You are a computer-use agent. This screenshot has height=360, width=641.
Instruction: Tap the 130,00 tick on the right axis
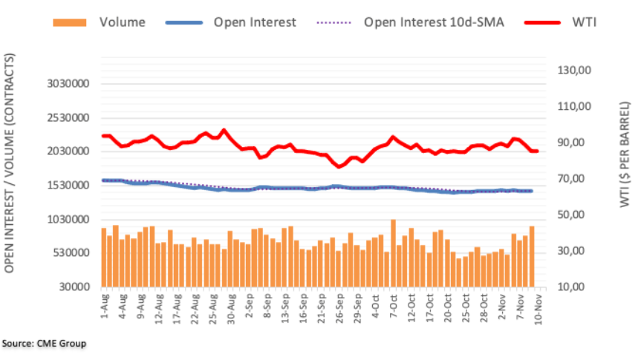click(573, 71)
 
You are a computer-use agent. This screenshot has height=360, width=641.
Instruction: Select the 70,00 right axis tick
click(573, 179)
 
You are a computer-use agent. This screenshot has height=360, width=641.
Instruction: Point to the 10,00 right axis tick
click(573, 287)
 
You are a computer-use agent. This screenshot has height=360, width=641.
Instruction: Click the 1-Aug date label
click(104, 304)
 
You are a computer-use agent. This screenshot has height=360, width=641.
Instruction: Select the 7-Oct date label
click(394, 304)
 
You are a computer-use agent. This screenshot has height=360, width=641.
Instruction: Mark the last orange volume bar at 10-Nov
click(532, 257)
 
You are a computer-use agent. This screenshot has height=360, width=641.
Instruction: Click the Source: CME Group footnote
click(44, 344)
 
